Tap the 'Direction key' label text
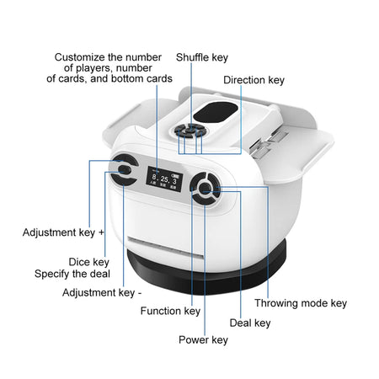(x=254, y=80)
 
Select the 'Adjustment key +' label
(x=63, y=232)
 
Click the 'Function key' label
(x=171, y=311)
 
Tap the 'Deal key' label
(x=249, y=322)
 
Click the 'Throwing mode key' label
(x=301, y=303)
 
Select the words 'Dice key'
(x=89, y=262)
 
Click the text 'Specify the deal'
(x=72, y=274)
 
